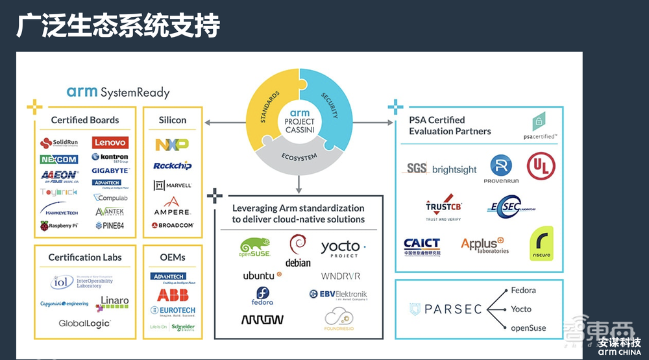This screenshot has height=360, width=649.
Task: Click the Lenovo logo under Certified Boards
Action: click(110, 142)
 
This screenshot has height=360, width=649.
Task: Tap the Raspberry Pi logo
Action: click(59, 226)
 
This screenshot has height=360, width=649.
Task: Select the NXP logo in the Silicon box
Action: click(171, 145)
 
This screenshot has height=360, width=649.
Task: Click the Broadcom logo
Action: click(172, 226)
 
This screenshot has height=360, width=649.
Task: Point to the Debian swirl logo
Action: click(298, 250)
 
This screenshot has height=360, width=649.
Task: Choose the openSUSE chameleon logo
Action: click(254, 248)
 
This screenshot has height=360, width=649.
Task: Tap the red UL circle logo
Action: click(541, 166)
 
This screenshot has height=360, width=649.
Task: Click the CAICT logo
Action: click(422, 246)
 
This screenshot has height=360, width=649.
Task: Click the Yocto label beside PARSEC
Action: click(521, 309)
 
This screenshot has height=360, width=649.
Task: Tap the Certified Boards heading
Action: click(85, 120)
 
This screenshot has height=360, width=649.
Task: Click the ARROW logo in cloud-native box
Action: click(262, 319)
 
